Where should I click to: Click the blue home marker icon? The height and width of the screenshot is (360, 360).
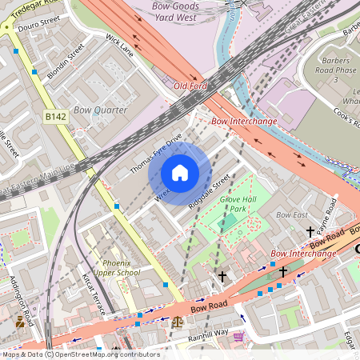coord(180,174)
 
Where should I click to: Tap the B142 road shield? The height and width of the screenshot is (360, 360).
coord(55,117)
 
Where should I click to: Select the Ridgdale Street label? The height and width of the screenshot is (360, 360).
coord(209,191)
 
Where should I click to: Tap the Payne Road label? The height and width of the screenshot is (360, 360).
coord(328,214)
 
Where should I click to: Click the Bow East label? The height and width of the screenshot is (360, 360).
coord(292,215)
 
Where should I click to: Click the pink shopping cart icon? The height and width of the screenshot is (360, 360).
coord(238,336)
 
